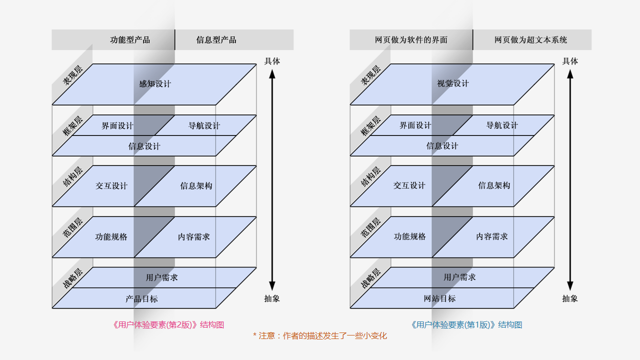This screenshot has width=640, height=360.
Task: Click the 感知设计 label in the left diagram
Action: pyautogui.click(x=155, y=84)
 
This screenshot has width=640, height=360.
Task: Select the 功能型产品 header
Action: pyautogui.click(x=130, y=40)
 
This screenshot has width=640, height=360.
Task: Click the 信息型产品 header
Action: pyautogui.click(x=216, y=40)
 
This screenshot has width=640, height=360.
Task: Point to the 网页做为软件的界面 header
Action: pyautogui.click(x=411, y=40)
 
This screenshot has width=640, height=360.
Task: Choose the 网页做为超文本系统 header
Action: pyautogui.click(x=531, y=40)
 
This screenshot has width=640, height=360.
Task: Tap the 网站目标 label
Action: pyautogui.click(x=439, y=299)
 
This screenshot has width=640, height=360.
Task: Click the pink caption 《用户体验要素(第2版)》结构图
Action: pyautogui.click(x=168, y=325)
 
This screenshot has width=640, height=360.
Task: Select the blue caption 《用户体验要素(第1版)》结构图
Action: pyautogui.click(x=466, y=325)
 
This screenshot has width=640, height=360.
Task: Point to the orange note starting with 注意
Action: pyautogui.click(x=320, y=336)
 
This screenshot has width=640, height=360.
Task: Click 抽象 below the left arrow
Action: pyautogui.click(x=272, y=298)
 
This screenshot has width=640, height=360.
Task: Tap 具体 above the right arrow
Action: pyautogui.click(x=570, y=61)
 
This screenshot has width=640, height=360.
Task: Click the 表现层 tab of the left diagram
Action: pyautogui.click(x=72, y=75)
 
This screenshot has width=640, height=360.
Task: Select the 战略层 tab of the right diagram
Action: pyautogui.click(x=370, y=278)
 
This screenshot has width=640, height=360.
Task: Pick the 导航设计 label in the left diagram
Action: pyautogui.click(x=204, y=125)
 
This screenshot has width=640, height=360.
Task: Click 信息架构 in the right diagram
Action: pyautogui.click(x=494, y=185)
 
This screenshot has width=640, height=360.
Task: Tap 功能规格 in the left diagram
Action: pyautogui.click(x=111, y=236)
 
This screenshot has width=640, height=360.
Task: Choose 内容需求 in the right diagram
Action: pyautogui.click(x=492, y=236)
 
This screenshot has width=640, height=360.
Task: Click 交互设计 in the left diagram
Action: pyautogui.click(x=111, y=186)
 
